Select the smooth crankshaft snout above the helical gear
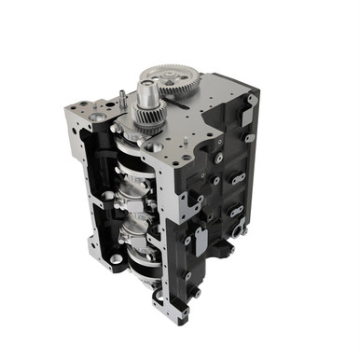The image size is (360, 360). pyautogui.click(x=147, y=93)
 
